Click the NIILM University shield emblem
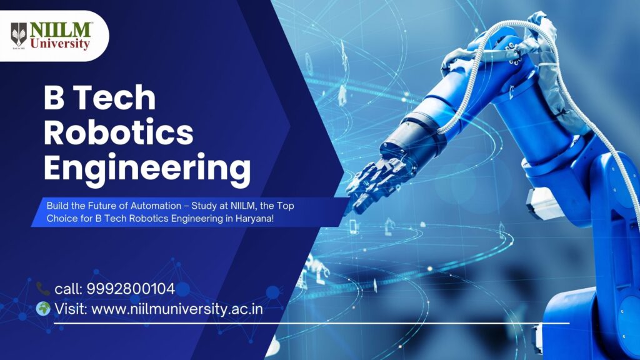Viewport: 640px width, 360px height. point(19,35)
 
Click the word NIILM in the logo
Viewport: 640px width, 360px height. point(61,30)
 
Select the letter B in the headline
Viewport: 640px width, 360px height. point(54,97)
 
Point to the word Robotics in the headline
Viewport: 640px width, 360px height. point(118,132)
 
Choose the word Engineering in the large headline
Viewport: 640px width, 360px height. point(147,169)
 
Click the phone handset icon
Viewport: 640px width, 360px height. point(43,289)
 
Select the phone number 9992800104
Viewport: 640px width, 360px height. point(131,289)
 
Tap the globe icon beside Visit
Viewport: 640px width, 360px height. point(43,309)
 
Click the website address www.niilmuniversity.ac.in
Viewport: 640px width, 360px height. point(177,309)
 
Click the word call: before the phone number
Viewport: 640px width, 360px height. point(69,289)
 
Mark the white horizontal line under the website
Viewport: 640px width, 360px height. point(311,323)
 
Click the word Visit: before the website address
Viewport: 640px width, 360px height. point(71,309)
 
